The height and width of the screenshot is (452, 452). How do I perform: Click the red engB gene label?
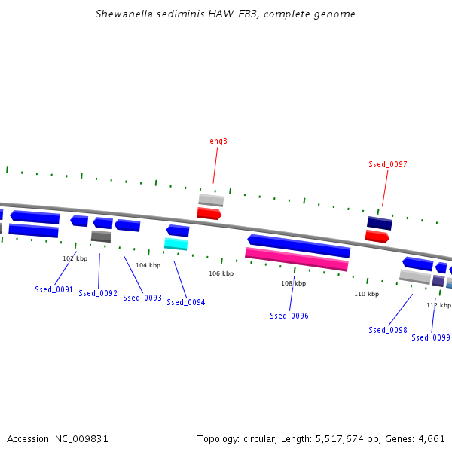(218, 142)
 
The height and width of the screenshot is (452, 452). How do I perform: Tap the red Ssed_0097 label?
(388, 164)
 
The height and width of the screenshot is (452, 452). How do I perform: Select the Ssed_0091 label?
(54, 289)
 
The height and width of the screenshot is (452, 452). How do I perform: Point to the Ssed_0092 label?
(98, 293)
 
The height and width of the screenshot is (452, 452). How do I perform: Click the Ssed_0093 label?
(142, 298)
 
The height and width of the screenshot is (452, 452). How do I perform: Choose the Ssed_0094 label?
(186, 302)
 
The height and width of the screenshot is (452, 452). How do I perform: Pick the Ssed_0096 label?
(289, 316)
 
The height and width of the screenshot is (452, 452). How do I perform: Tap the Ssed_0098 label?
(388, 330)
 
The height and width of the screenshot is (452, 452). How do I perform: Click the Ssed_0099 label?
(431, 337)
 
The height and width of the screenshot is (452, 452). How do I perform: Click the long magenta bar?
(297, 259)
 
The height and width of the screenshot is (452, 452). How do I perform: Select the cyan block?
(176, 244)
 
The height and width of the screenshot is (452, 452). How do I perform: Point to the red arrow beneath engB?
(209, 214)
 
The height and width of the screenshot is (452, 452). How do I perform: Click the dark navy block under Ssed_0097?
(380, 223)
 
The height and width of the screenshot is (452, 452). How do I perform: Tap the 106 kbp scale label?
(221, 273)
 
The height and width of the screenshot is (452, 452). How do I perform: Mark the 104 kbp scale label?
(148, 265)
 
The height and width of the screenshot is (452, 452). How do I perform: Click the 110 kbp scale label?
(367, 294)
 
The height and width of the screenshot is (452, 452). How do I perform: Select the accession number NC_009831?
(81, 439)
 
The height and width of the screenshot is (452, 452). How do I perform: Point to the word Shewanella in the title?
(124, 14)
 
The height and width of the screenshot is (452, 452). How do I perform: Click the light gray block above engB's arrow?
(211, 200)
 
